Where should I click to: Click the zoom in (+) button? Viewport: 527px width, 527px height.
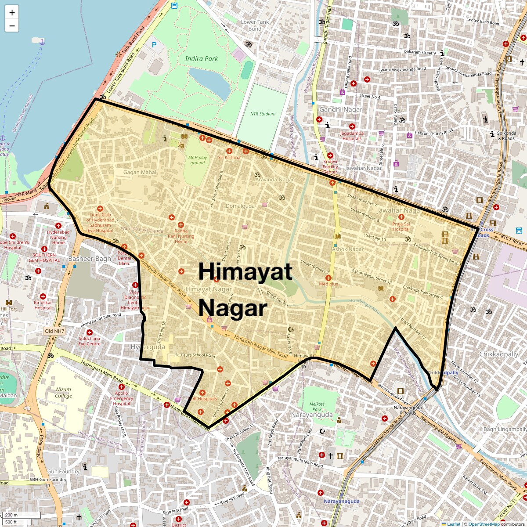pos(12,13)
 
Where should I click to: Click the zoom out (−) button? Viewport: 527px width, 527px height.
pos(12,25)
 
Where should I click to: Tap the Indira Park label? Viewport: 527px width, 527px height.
pos(201,58)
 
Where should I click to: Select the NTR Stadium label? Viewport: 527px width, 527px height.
pos(263,114)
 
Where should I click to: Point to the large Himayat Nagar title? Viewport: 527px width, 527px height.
pos(245,289)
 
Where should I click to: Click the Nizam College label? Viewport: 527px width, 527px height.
pos(64,393)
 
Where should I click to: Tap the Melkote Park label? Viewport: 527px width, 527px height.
pos(317,407)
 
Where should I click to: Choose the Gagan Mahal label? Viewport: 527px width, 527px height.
pos(140,173)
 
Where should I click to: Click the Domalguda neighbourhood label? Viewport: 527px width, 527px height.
pos(240,206)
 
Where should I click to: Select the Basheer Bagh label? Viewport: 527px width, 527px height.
pos(90,259)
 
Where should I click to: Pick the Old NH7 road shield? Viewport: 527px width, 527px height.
pos(54,331)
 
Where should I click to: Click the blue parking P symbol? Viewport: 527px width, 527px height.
pos(154,45)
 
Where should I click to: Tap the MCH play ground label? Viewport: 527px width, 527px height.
pos(198,160)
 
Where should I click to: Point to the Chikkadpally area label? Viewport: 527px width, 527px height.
pos(498,354)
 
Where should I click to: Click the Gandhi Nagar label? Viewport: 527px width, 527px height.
pos(341,109)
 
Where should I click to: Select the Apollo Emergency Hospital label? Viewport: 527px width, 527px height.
pos(122,398)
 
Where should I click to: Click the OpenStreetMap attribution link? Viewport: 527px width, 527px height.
pos(484,524)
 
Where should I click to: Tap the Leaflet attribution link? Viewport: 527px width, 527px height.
pos(453,524)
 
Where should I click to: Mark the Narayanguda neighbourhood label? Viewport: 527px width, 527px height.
pos(312,415)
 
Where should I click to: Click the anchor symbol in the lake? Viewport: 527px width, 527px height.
pos(42,42)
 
